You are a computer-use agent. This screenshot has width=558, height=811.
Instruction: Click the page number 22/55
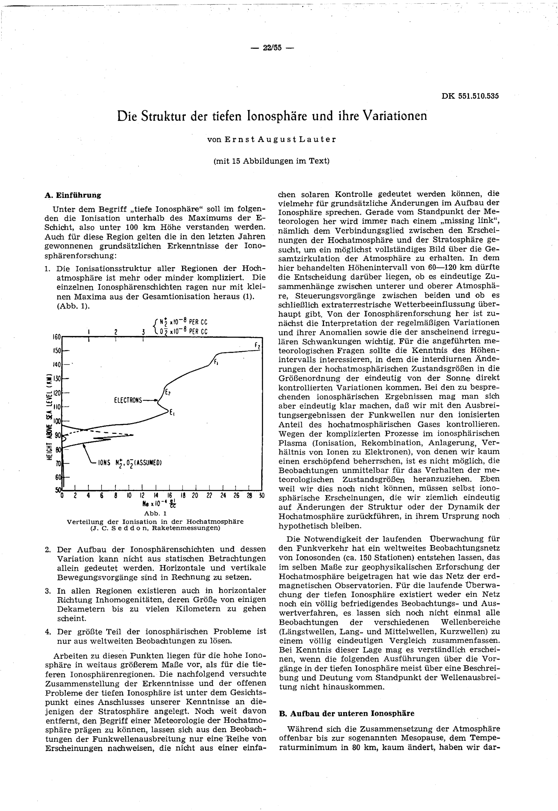point(272,48)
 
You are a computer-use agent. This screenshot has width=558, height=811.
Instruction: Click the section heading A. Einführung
point(73,195)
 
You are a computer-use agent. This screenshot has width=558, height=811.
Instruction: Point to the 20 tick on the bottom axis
point(195,496)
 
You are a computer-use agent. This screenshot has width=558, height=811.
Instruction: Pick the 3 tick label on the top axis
point(143,332)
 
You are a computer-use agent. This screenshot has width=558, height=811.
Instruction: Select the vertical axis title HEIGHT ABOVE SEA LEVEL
point(50,417)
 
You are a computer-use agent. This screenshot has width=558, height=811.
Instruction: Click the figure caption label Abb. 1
point(155,514)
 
